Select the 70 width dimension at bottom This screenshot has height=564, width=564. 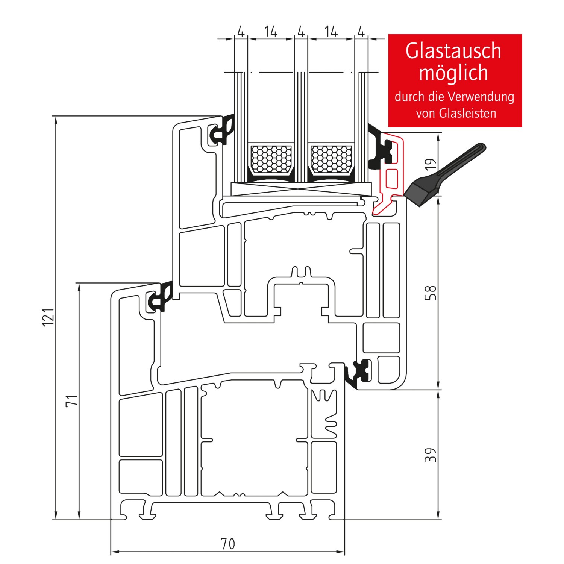tap(227, 544)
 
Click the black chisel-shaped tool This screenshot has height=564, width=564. tap(444, 177)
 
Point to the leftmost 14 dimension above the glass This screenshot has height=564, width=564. tap(271, 32)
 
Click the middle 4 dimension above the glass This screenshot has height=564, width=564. tap(301, 32)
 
